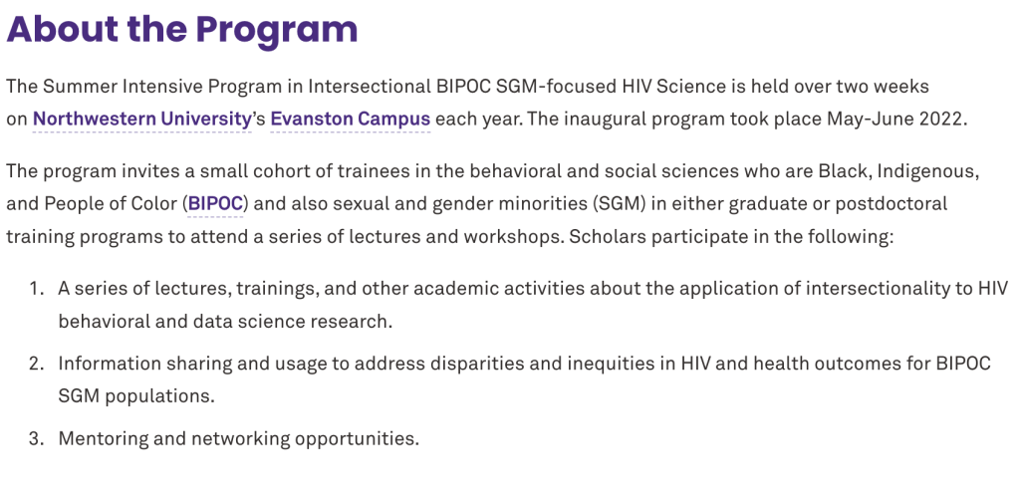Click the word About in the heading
(63, 29)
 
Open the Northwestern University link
(141, 120)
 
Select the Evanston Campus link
(350, 120)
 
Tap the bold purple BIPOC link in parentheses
(215, 204)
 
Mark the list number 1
(36, 288)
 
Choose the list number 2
(36, 363)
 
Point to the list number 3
(36, 438)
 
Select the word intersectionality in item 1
(879, 288)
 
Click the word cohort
(262, 171)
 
